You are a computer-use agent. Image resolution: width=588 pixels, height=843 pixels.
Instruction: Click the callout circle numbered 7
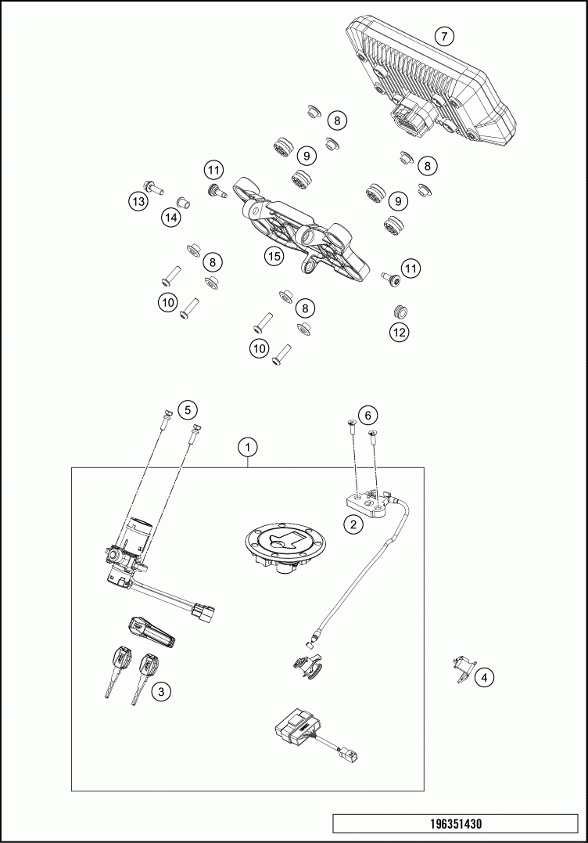point(443,37)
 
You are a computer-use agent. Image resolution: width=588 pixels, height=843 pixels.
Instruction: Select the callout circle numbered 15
point(273,256)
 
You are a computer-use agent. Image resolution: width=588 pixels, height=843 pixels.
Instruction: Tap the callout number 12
point(400,331)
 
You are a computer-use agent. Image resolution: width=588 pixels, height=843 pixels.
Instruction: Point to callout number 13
point(138,202)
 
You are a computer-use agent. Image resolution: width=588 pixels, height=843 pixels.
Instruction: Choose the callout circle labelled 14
point(170,218)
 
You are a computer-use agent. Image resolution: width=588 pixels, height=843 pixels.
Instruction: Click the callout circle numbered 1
point(248,448)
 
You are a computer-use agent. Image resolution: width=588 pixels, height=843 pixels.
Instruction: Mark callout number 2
point(354,524)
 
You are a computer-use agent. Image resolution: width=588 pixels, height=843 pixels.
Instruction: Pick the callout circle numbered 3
point(161,691)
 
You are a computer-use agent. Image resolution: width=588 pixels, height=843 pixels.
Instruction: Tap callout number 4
point(485,677)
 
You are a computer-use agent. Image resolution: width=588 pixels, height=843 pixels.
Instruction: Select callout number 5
point(188,409)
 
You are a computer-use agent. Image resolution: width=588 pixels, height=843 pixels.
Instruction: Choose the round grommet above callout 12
point(400,311)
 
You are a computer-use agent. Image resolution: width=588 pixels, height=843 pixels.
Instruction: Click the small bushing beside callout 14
point(185,204)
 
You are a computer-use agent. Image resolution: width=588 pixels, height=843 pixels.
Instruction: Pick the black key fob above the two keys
point(153,630)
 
